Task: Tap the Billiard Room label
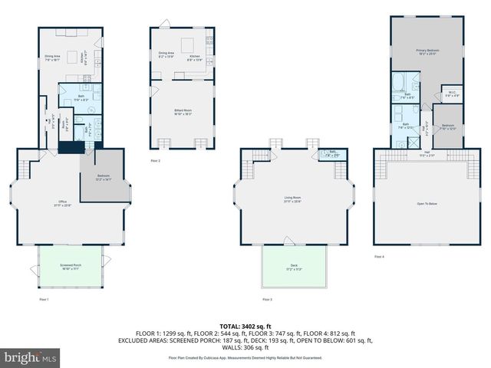(183, 112)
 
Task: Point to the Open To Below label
(427, 203)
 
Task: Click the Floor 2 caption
(156, 160)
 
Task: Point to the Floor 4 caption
(380, 256)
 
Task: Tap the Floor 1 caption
(44, 299)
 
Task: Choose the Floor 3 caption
(267, 299)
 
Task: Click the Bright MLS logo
(31, 357)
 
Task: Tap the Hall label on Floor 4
(427, 153)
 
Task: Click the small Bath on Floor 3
(334, 154)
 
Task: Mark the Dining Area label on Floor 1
(52, 58)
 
